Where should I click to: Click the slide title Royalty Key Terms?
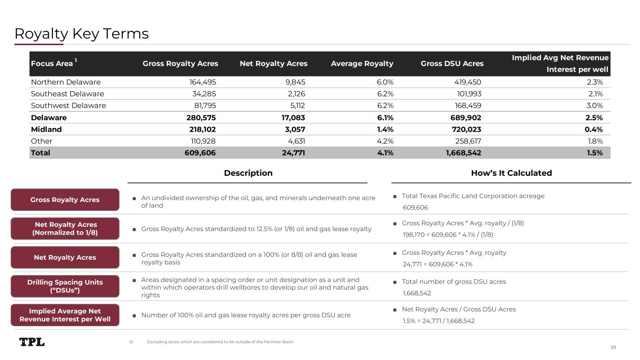click(x=82, y=34)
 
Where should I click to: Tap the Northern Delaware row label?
click(x=65, y=82)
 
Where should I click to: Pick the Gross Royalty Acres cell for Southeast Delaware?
click(x=205, y=94)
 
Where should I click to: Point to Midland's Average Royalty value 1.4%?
click(x=385, y=129)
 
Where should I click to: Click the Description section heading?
click(x=248, y=173)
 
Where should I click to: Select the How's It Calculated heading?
click(x=511, y=173)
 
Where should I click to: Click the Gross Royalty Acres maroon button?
click(x=65, y=200)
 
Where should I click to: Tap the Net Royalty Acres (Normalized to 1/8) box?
click(x=65, y=229)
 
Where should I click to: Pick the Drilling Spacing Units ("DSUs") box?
click(x=65, y=286)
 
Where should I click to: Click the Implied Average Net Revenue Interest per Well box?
click(x=65, y=315)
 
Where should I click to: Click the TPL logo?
click(x=32, y=342)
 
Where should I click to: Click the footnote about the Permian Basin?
click(x=220, y=342)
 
